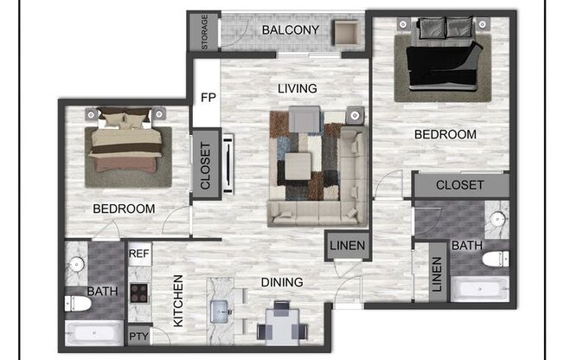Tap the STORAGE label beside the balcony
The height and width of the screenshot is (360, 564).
(204, 31)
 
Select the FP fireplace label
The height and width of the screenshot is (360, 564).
(208, 96)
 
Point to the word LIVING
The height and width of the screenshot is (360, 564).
(297, 88)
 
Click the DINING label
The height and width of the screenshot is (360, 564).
(281, 282)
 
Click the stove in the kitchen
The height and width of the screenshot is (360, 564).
(138, 292)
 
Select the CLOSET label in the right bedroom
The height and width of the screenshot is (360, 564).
(459, 185)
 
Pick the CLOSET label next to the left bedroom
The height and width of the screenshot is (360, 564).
(206, 164)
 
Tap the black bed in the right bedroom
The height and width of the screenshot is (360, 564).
(443, 64)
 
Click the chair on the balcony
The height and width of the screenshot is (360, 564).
(348, 32)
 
